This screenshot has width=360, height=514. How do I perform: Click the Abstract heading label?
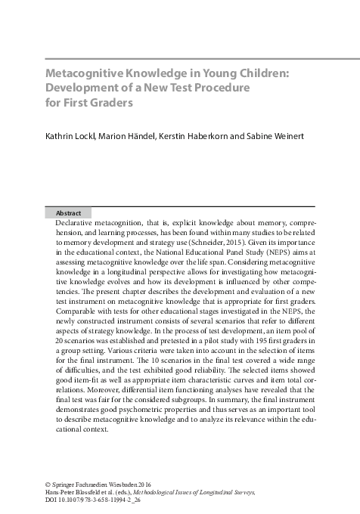tap(69, 213)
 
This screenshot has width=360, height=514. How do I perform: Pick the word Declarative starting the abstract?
tap(79, 224)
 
